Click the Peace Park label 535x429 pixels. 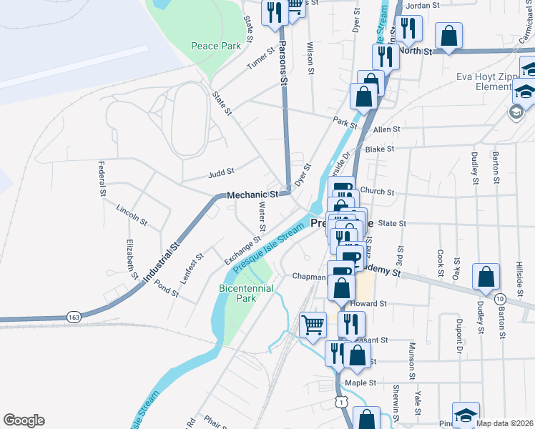[x=215, y=46]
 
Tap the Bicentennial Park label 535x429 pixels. [x=236, y=293]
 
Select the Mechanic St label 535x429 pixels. [x=252, y=194]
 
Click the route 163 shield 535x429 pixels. [x=74, y=315]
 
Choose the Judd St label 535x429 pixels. [x=221, y=172]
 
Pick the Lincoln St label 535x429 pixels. [x=132, y=214]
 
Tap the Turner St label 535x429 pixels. [x=261, y=59]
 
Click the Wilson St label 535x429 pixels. [x=310, y=58]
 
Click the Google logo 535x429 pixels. [x=24, y=420]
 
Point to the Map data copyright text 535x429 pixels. [x=505, y=423]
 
